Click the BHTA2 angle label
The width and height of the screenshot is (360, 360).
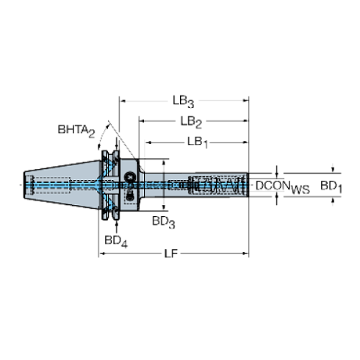[x=77, y=131]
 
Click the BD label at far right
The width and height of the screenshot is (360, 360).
[x=331, y=187]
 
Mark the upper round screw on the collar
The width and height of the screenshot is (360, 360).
[x=130, y=176]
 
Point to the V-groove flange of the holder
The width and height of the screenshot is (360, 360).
[x=110, y=185]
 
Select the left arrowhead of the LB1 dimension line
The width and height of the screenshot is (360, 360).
[x=147, y=140]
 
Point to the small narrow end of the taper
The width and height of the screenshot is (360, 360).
[x=26, y=185]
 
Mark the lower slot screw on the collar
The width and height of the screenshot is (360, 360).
[x=130, y=197]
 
